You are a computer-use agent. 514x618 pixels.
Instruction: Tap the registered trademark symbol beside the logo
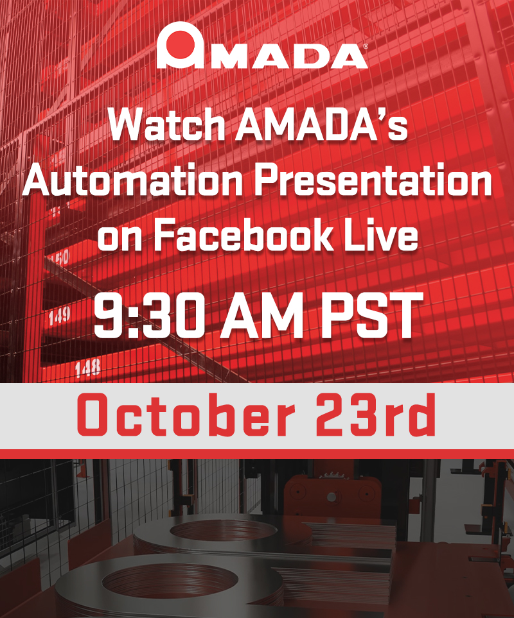(x=366, y=47)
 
